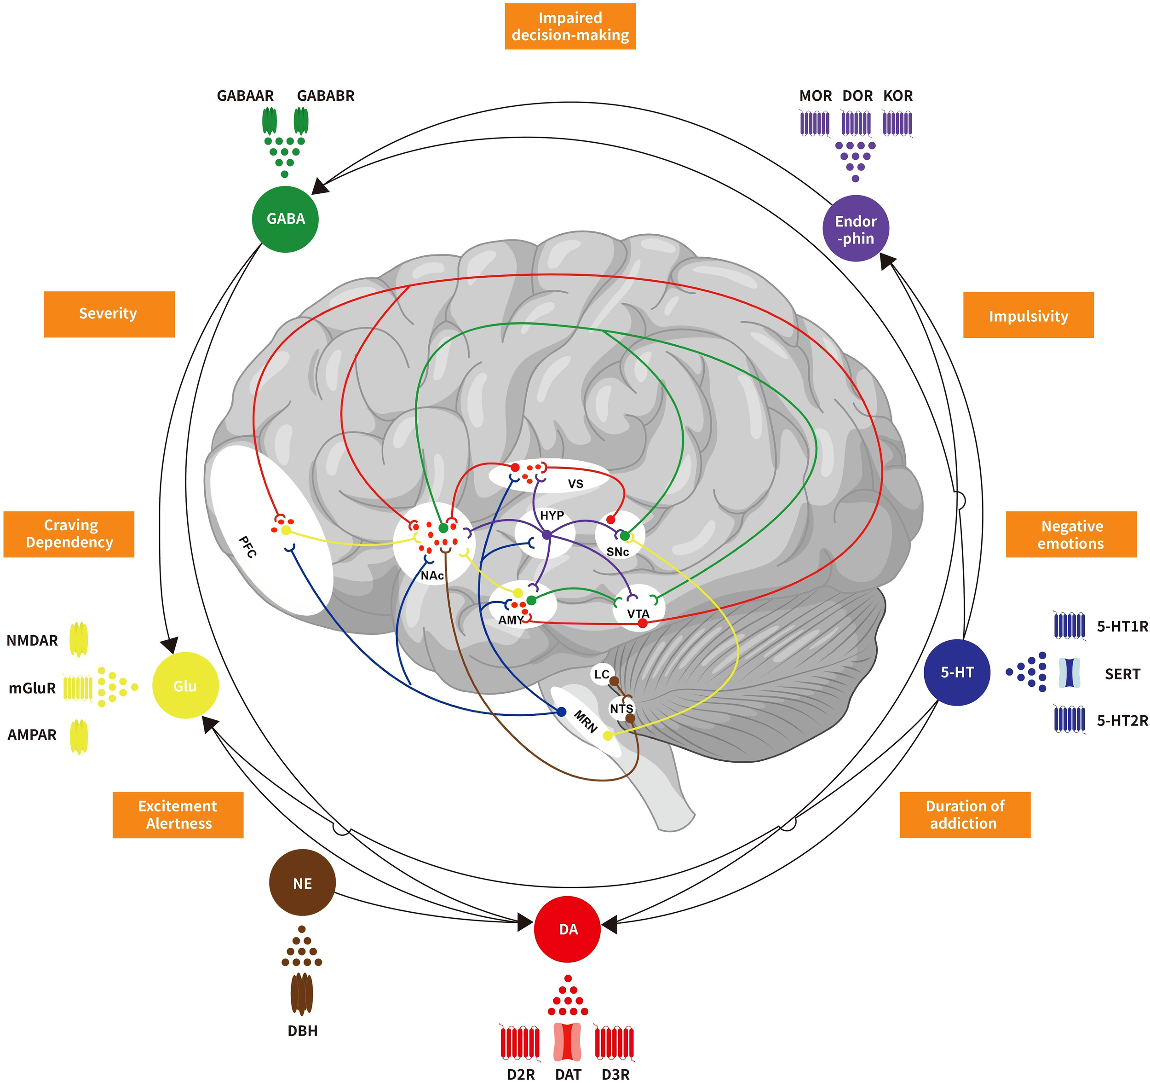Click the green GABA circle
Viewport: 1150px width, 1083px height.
tap(285, 219)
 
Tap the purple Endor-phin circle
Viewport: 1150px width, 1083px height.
tap(856, 229)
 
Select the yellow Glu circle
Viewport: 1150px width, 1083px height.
tap(185, 685)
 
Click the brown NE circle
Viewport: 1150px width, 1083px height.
tap(302, 883)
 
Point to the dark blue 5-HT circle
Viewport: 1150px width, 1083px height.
tap(957, 672)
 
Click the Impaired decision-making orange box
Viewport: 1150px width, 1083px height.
tap(570, 27)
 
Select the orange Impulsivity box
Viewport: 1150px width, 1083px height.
tap(1028, 315)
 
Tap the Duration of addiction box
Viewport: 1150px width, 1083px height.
tap(964, 814)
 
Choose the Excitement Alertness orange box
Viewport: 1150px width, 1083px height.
tap(178, 814)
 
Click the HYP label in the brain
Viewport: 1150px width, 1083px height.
tap(552, 515)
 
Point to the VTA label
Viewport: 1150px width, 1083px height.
tap(638, 614)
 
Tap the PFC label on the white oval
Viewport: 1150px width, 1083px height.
tap(247, 547)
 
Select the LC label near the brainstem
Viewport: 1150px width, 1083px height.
tap(602, 674)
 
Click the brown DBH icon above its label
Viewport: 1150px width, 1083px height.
tap(301, 994)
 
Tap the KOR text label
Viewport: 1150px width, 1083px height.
tap(897, 96)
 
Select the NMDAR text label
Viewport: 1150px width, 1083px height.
tap(32, 641)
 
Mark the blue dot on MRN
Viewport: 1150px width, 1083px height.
tap(561, 712)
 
